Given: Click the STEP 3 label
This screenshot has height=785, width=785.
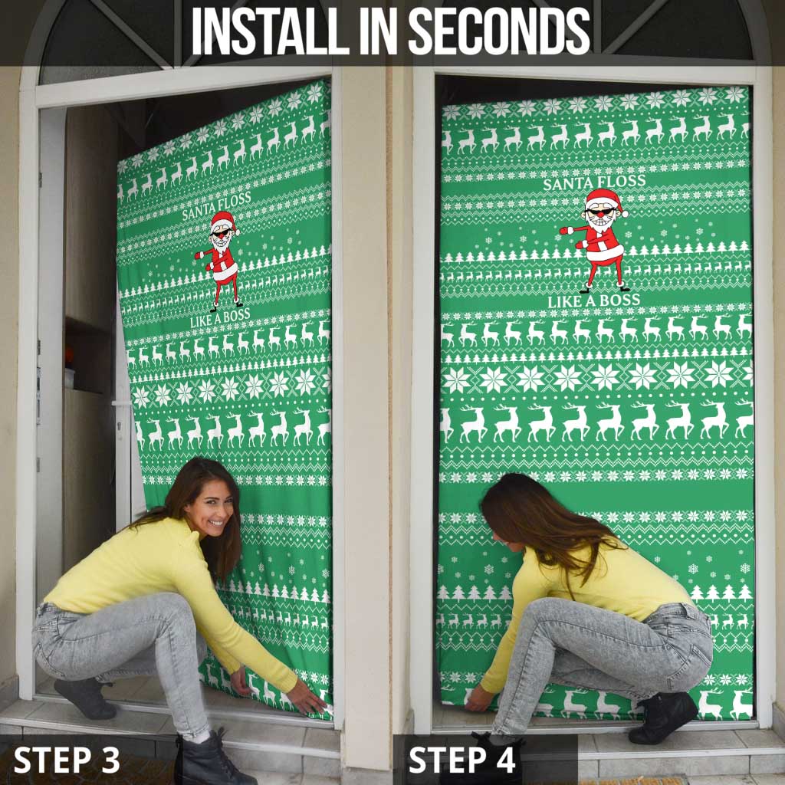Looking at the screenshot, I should (67, 760).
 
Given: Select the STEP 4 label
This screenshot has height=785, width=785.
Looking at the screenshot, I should (461, 760).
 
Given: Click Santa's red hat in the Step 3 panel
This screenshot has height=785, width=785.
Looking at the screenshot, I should (222, 221).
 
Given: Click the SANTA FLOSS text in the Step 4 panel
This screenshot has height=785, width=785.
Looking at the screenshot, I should (594, 182).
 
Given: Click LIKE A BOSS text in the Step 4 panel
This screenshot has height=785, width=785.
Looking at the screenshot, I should (594, 302).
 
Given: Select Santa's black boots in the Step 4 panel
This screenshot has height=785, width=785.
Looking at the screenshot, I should (605, 289).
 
